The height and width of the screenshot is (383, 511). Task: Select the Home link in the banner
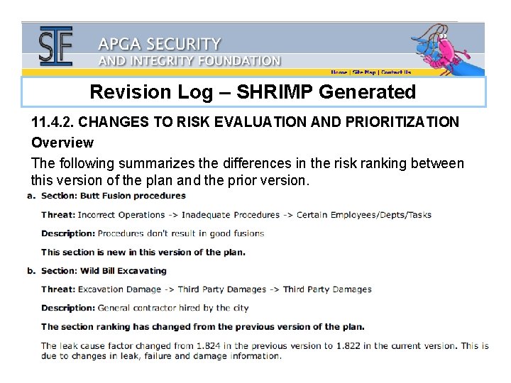tap(339, 72)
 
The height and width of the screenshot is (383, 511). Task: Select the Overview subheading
tap(62, 143)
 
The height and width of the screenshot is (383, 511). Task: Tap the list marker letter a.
tap(31, 196)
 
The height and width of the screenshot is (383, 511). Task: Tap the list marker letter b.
tap(31, 270)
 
